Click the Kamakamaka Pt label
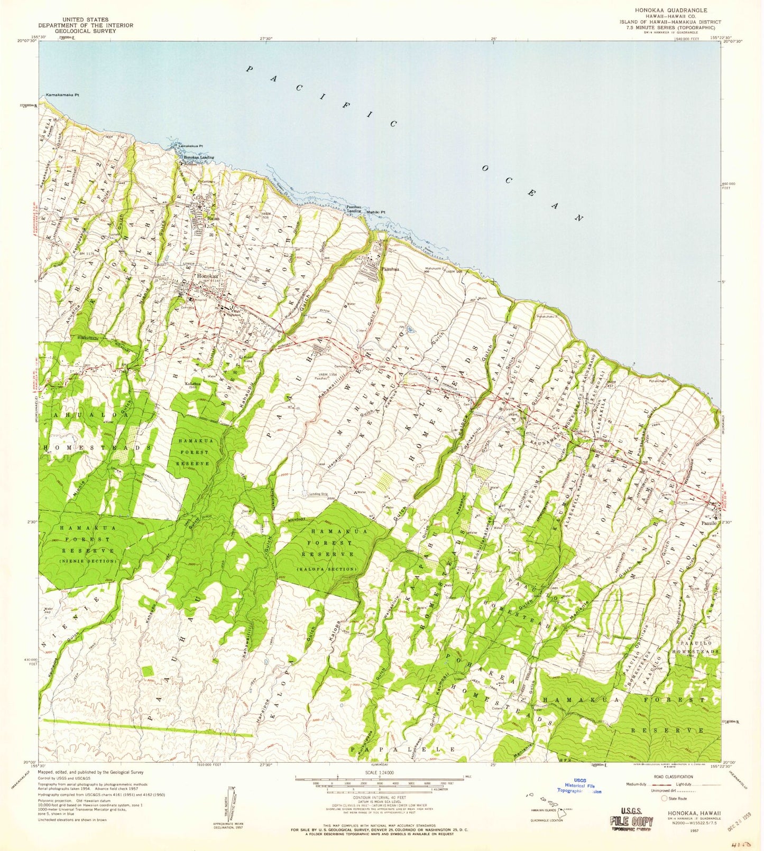pos(62,95)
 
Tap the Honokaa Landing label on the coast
pos(198,157)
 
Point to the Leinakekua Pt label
pos(191,146)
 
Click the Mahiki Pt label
pos(377,212)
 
